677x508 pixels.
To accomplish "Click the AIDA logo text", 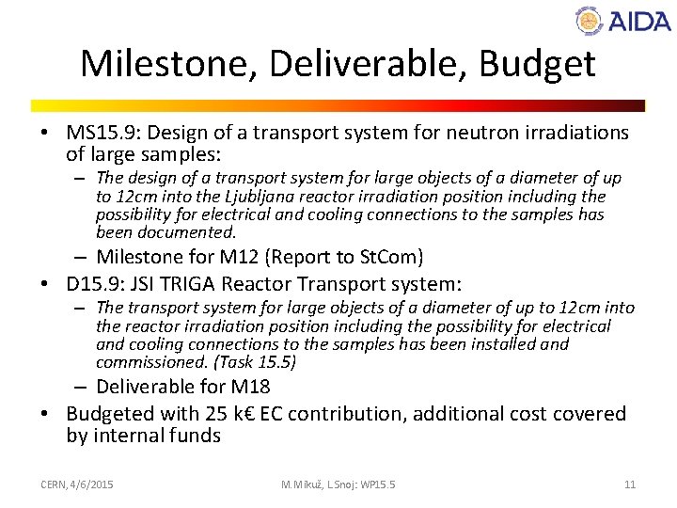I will [x=638, y=21].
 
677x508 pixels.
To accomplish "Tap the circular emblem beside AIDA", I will [x=590, y=20].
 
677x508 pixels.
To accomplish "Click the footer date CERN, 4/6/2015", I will [x=77, y=484].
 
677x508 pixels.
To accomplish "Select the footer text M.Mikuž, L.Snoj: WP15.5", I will [x=338, y=484].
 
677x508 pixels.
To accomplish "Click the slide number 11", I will [x=630, y=484].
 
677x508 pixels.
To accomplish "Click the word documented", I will [x=190, y=232].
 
